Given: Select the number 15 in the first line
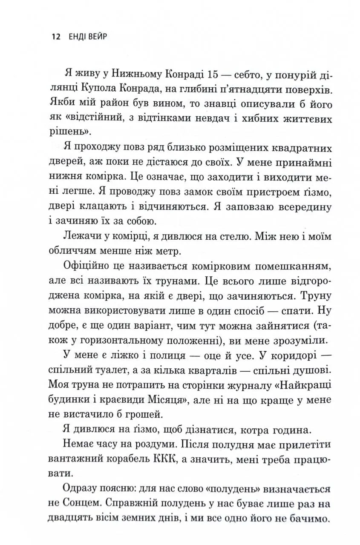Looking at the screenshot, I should click(202, 76).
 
